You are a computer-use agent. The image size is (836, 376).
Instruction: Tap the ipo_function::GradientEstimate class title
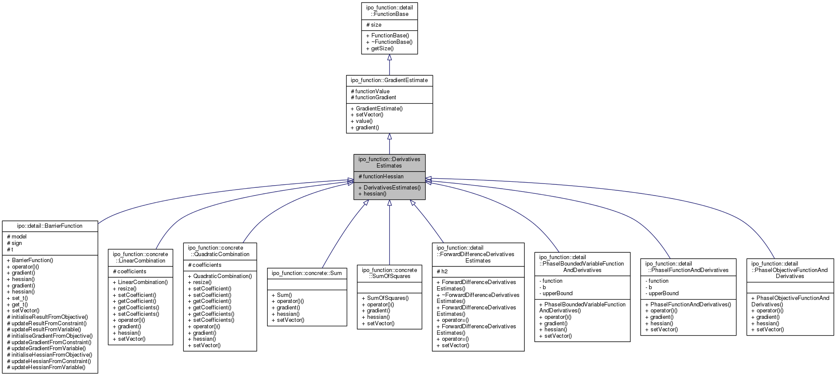(x=389, y=80)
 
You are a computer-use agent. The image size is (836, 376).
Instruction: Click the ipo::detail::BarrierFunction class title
(x=50, y=226)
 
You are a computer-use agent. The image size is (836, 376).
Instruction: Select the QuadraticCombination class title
(x=220, y=251)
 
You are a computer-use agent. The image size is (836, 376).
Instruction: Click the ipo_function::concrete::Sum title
(x=307, y=273)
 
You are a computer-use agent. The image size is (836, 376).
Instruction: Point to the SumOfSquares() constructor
(x=388, y=298)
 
